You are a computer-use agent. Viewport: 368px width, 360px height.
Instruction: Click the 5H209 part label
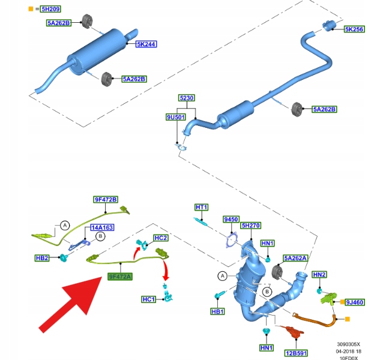[50, 9]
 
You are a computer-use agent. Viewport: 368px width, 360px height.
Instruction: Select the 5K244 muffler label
[146, 44]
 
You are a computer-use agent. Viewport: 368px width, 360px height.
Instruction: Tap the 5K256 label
[354, 29]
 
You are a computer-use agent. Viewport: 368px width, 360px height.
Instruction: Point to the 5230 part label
[187, 98]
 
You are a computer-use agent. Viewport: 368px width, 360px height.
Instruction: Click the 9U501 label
[175, 117]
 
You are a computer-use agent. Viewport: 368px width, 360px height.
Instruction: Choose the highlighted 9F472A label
[120, 277]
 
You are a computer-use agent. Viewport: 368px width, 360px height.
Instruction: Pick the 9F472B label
[105, 199]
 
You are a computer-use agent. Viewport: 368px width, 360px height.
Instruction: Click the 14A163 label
[101, 228]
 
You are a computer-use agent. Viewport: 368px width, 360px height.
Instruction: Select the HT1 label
[201, 207]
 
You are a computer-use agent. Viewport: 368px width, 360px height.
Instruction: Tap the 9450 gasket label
[231, 220]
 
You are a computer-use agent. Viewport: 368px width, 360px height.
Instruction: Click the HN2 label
[319, 274]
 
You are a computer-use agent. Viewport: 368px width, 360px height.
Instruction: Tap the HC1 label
[148, 299]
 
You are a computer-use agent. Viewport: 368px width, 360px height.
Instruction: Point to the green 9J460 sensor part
[327, 296]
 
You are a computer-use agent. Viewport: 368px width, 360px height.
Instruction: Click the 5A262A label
[295, 257]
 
